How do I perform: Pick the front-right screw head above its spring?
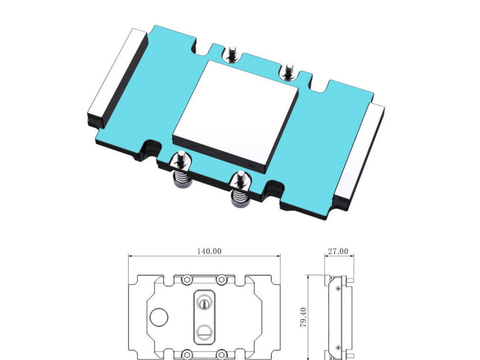[x=240, y=178]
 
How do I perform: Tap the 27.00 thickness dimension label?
[x=338, y=251]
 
